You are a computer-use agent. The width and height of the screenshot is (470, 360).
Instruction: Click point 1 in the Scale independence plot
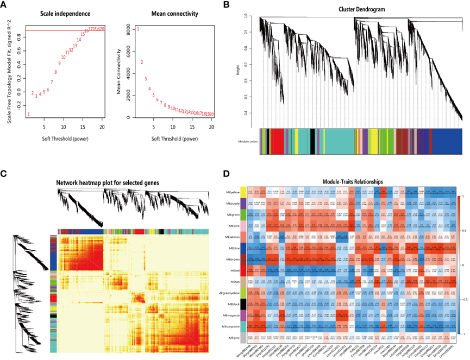(x=28, y=114)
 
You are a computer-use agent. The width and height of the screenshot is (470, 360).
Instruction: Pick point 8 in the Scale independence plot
(x=55, y=72)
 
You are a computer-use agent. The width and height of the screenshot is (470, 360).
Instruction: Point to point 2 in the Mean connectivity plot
(x=142, y=62)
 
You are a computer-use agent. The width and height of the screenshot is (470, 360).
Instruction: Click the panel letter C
(x=4, y=174)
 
